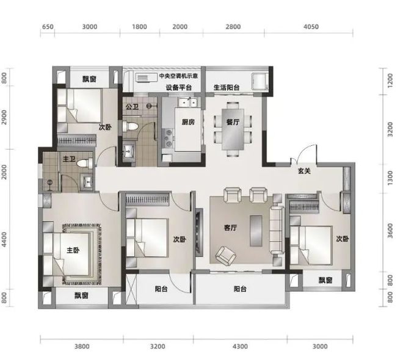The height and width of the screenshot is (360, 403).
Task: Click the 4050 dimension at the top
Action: (311, 27)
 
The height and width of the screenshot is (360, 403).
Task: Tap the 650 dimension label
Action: (48, 27)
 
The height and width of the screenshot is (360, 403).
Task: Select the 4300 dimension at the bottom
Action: (240, 347)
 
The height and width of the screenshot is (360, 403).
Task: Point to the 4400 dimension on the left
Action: (4, 239)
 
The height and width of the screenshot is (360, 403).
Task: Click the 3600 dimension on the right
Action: (390, 231)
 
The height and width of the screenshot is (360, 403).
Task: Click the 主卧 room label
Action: (73, 250)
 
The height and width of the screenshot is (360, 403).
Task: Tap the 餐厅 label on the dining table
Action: (233, 122)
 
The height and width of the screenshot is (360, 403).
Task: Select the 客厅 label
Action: (231, 228)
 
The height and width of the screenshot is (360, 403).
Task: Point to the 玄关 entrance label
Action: (304, 171)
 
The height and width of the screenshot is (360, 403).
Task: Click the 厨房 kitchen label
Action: (188, 122)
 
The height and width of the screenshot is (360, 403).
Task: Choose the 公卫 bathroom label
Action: (132, 106)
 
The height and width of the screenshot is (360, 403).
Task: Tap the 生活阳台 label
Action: (227, 88)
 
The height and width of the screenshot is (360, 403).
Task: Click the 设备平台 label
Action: (179, 88)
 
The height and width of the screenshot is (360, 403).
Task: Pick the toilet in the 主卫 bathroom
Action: (84, 163)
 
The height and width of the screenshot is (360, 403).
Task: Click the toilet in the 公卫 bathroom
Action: (130, 126)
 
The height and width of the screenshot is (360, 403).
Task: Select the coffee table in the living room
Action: (256, 231)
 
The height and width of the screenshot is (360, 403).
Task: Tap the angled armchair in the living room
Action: (225, 256)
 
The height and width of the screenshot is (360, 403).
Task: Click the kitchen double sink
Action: (188, 103)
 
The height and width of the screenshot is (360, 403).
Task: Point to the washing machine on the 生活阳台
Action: (260, 81)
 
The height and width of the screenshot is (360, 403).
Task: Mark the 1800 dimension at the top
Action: (140, 27)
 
